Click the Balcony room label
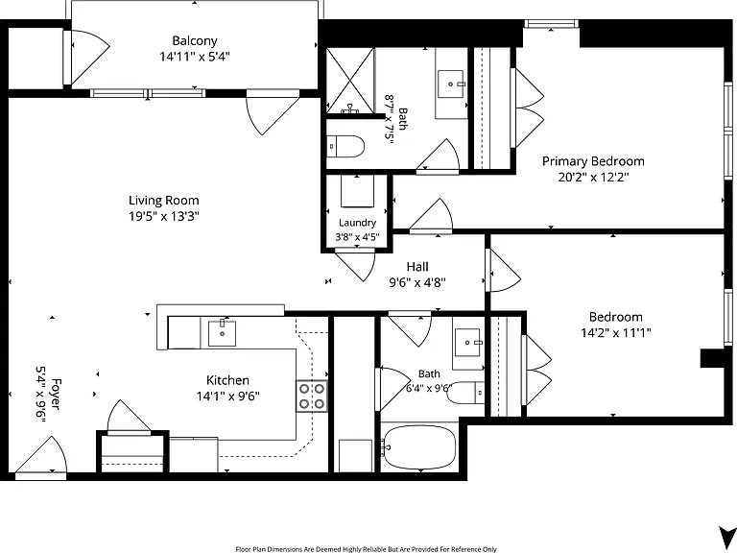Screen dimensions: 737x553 point(195,41)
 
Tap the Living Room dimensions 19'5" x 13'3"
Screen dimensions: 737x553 point(164,216)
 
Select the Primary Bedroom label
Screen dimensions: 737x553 point(593,161)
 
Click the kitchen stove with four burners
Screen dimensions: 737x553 point(312,396)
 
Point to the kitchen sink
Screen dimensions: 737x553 point(222,332)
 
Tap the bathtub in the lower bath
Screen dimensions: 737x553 point(418,447)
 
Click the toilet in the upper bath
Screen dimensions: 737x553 point(345,146)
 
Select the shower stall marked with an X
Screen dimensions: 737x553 point(350,80)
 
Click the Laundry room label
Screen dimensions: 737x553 point(357,223)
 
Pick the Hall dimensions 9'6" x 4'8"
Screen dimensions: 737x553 point(417,282)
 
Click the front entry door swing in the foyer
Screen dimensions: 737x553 point(41,456)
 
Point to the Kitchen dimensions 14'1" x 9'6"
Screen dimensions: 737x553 point(228,396)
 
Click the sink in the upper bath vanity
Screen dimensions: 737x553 point(451,84)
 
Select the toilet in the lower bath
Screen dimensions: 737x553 point(465,393)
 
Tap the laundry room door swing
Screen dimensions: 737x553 point(356,264)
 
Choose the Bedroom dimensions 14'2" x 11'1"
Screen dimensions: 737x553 point(616,333)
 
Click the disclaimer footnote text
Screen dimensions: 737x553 point(367,549)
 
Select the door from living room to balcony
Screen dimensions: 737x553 point(273,113)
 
